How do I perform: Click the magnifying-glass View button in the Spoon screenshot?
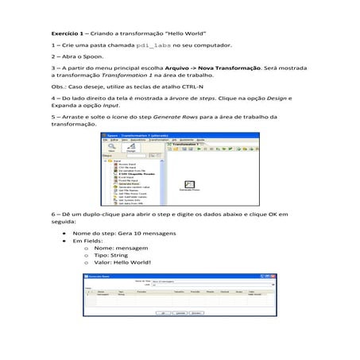coord(113,147)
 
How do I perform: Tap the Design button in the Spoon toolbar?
coord(130,147)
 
